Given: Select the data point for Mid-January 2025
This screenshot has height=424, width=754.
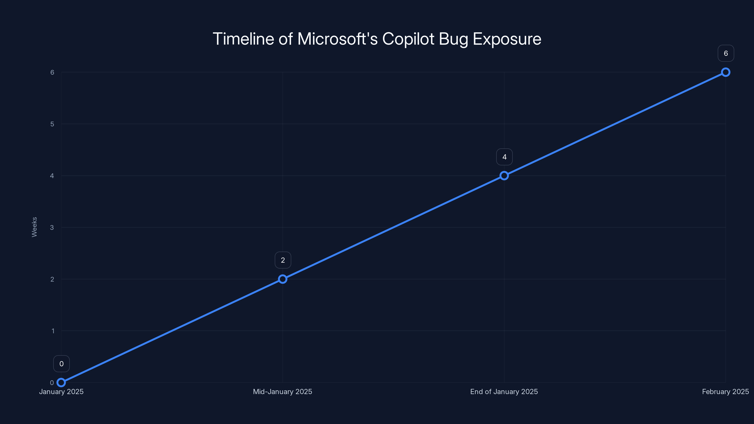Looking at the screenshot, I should click(x=283, y=279).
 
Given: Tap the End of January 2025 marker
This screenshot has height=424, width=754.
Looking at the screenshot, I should click(x=504, y=175).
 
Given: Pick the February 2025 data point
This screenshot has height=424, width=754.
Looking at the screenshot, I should click(x=726, y=72).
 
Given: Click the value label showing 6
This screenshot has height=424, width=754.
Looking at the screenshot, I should click(x=726, y=53).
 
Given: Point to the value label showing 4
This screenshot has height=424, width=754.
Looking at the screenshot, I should click(x=504, y=157).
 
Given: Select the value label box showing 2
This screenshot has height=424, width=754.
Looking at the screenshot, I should click(x=283, y=260).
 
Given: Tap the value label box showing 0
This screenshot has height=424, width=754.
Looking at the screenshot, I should click(x=61, y=364).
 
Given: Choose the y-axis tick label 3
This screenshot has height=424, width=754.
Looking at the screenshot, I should click(x=52, y=227).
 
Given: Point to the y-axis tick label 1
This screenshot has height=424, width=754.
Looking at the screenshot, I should click(x=53, y=331).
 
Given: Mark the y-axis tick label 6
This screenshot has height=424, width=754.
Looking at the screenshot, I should click(x=52, y=72).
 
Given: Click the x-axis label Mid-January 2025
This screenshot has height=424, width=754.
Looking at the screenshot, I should click(x=283, y=391).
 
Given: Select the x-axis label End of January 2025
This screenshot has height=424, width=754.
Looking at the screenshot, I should click(x=504, y=391).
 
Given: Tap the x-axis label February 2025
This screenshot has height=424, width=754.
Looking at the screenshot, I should click(x=725, y=391).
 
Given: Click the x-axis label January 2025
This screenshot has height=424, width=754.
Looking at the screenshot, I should click(x=61, y=391).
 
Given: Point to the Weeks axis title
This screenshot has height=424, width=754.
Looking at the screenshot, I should click(x=34, y=227).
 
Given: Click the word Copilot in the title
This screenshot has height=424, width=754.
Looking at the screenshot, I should click(x=408, y=39).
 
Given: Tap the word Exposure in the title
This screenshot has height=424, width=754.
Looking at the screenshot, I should click(x=507, y=39).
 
